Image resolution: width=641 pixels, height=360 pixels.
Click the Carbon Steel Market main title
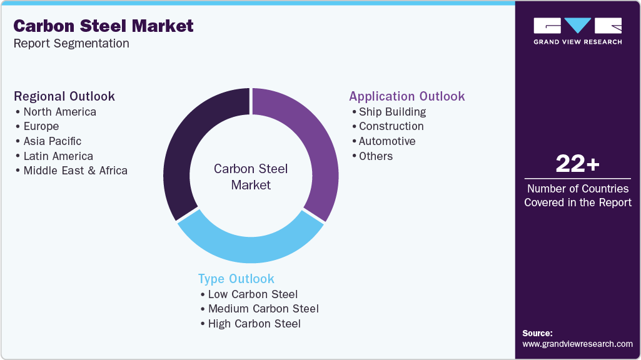click(x=103, y=26)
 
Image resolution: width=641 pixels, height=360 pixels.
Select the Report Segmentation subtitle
click(x=71, y=44)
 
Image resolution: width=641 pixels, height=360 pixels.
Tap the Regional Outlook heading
click(x=64, y=96)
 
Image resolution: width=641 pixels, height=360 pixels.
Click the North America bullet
click(x=59, y=112)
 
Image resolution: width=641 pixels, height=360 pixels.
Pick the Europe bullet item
click(x=41, y=126)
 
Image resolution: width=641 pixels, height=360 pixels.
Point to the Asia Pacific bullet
click(x=53, y=141)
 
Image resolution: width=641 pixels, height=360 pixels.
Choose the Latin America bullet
click(x=58, y=156)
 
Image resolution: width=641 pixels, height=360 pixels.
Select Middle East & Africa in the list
click(x=75, y=171)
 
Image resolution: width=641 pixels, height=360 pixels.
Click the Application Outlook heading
click(x=407, y=96)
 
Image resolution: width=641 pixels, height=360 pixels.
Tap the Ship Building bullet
click(x=392, y=112)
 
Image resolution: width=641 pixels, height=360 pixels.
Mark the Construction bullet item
click(x=391, y=126)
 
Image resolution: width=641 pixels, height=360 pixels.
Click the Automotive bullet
click(x=387, y=141)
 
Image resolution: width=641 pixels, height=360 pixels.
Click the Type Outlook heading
click(x=236, y=279)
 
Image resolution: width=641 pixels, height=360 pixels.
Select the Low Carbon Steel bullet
click(x=253, y=294)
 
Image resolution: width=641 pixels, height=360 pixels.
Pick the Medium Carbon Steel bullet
click(x=263, y=309)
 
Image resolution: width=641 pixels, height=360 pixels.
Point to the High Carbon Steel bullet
click(x=254, y=324)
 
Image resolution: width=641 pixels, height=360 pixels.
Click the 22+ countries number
click(x=577, y=164)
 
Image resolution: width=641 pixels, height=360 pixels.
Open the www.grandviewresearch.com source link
click(x=577, y=344)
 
